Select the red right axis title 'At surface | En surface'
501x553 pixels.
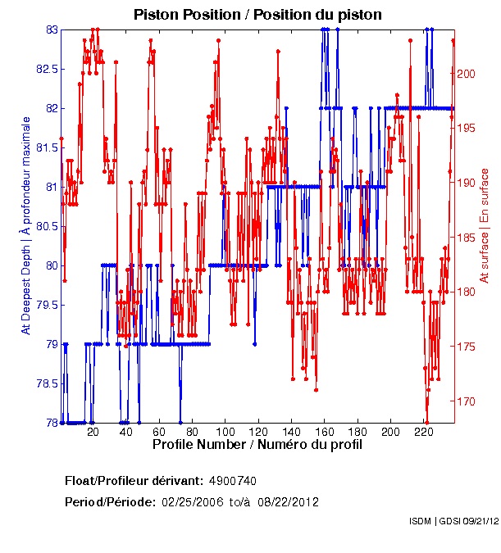tap(485, 226)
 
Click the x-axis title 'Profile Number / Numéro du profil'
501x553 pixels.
tap(257, 444)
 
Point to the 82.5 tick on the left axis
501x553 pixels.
tap(46, 69)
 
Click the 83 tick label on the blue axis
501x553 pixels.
tap(52, 29)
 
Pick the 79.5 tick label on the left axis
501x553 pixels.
tap(46, 305)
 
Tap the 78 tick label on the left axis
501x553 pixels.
tap(52, 423)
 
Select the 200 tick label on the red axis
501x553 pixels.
tap(466, 74)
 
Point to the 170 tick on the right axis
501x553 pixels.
tap(466, 401)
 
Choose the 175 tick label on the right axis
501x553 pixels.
tap(466, 347)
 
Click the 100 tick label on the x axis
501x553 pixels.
tap(225, 431)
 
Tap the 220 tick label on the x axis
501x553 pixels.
tap(424, 431)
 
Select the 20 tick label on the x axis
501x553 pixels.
tap(93, 431)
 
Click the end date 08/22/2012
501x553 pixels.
tap(289, 501)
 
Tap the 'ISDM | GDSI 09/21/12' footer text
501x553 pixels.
tap(453, 521)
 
